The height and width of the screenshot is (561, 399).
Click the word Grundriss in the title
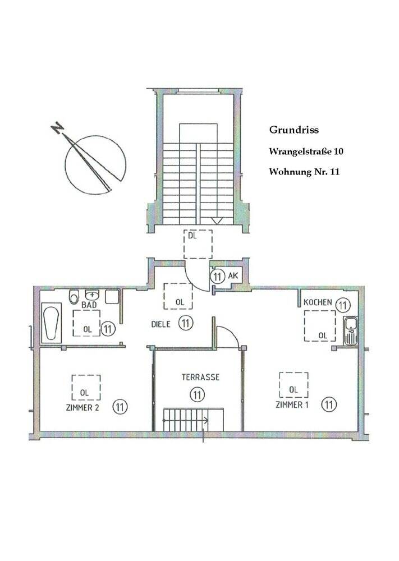[x=293, y=130]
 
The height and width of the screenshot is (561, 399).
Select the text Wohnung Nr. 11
[x=304, y=172]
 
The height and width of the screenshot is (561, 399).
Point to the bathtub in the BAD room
[x=52, y=323]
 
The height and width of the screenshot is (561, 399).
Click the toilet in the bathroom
[x=74, y=297]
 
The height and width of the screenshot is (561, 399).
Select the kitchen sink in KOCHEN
[x=350, y=330]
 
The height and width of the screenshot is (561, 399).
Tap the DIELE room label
[x=161, y=324]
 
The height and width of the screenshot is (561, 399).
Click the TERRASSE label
[x=196, y=378]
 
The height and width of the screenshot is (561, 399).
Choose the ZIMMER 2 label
[x=82, y=408]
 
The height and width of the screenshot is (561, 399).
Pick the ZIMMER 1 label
[x=292, y=404]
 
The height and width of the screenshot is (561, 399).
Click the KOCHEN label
[x=318, y=302]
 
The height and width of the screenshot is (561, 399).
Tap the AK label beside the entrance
[x=233, y=276]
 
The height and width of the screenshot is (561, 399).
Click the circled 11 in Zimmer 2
[x=119, y=406]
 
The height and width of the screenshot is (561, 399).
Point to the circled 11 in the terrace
[x=196, y=394]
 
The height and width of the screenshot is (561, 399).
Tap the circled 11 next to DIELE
[x=186, y=323]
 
